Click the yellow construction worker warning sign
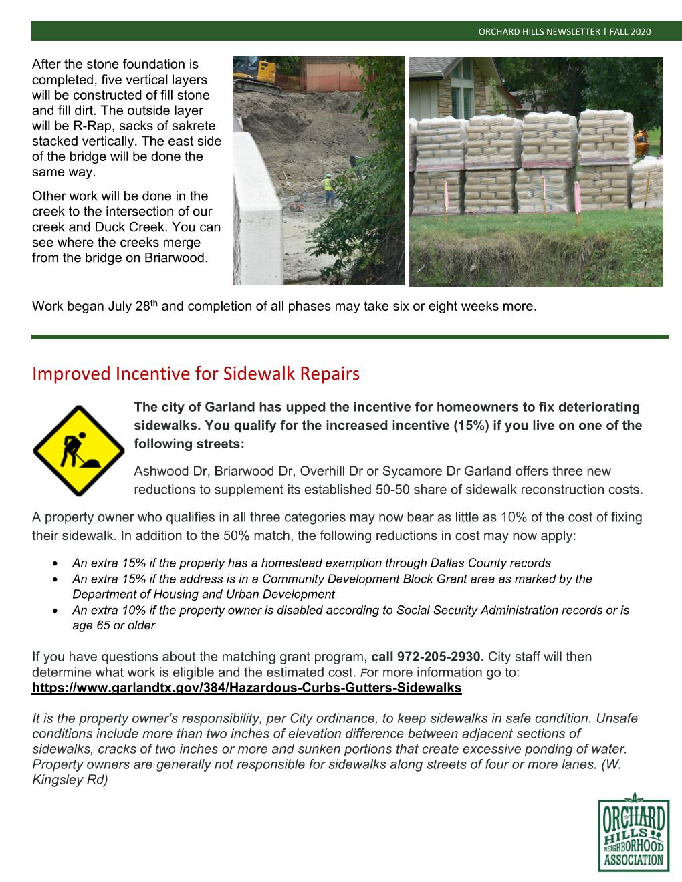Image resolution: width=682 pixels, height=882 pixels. pos(78,450)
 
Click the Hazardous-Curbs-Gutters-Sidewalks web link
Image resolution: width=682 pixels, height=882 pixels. pos(247,688)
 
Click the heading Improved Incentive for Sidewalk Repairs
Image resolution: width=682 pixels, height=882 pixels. pos(195,374)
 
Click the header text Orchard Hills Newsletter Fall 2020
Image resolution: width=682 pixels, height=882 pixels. pos(564,32)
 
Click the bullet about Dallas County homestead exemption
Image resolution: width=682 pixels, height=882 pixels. pos(312,563)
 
